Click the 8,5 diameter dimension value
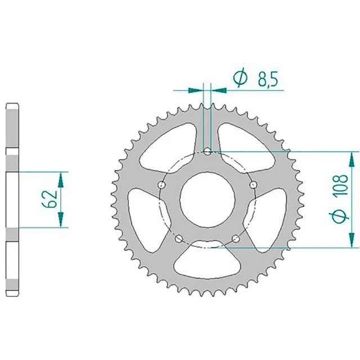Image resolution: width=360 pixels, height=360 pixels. (268, 79)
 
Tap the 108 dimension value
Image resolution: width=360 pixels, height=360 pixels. (340, 186)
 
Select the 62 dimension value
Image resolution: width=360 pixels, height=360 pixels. (49, 199)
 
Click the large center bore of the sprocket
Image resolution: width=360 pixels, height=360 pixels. (208, 200)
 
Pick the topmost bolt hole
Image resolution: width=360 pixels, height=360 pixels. (208, 151)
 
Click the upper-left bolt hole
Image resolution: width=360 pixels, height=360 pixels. (162, 184)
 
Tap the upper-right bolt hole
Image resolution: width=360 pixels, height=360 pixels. (253, 184)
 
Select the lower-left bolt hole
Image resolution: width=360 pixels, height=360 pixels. (179, 238)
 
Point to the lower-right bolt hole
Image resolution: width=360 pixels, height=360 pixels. (236, 238)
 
